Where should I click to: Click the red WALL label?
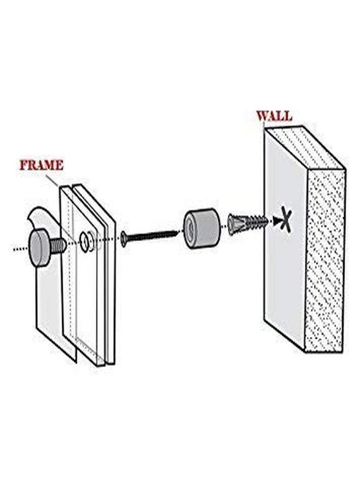(x=274, y=116)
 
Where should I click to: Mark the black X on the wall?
(x=285, y=221)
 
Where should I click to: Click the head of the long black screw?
(x=124, y=238)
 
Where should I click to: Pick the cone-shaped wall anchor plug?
(x=238, y=224)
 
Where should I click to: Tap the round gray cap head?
(x=41, y=249)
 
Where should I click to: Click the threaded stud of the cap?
(x=59, y=245)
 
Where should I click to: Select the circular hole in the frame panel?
(x=85, y=242)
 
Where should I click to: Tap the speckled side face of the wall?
(x=326, y=262)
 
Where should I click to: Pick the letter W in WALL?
(x=262, y=116)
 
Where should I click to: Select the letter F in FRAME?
(x=23, y=165)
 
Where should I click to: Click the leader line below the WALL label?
(x=264, y=127)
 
